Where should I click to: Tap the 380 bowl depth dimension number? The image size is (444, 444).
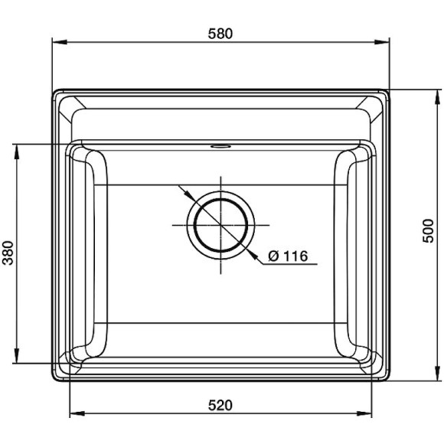coord(8,253)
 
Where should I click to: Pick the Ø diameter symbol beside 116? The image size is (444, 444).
coord(273,256)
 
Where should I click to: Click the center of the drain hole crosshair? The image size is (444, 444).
coord(221,224)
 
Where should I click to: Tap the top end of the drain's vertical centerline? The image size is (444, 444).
coord(221,176)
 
